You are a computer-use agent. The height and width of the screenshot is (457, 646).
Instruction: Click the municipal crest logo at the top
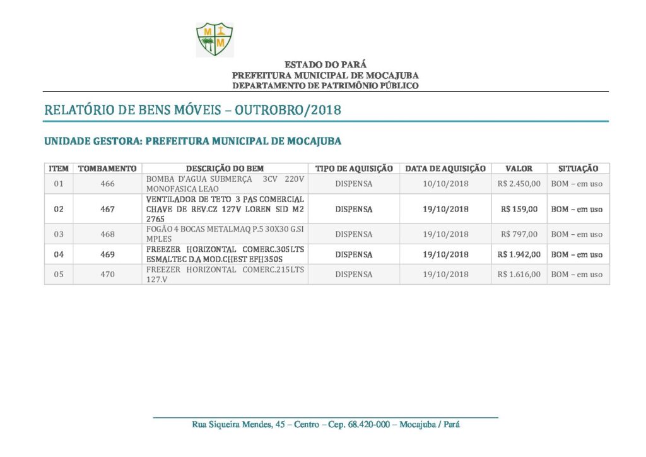pyautogui.click(x=214, y=39)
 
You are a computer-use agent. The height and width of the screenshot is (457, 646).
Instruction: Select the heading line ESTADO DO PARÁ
pyautogui.click(x=325, y=65)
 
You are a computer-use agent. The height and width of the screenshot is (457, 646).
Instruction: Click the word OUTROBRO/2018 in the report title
pyautogui.click(x=288, y=110)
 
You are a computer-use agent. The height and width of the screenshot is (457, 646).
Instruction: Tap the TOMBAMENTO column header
pyautogui.click(x=107, y=169)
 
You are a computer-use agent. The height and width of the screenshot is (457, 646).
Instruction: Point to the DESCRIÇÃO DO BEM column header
pyautogui.click(x=225, y=169)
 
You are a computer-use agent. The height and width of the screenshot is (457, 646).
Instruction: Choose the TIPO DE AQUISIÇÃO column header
pyautogui.click(x=354, y=169)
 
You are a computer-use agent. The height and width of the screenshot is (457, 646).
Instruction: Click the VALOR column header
pyautogui.click(x=519, y=169)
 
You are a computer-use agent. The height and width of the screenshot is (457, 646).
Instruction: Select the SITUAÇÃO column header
pyautogui.click(x=578, y=169)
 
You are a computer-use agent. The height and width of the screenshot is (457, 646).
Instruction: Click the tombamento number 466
pyautogui.click(x=107, y=184)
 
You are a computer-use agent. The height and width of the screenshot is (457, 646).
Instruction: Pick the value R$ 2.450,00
pyautogui.click(x=519, y=184)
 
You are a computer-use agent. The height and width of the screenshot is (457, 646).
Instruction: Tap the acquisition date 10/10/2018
pyautogui.click(x=445, y=184)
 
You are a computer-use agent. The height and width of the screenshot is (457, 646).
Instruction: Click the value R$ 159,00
pyautogui.click(x=519, y=209)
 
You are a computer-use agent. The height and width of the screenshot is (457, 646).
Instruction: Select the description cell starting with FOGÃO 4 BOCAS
pyautogui.click(x=225, y=234)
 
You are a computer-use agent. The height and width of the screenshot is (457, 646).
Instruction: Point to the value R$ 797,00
pyautogui.click(x=519, y=234)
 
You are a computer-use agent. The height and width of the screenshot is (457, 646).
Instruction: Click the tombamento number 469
pyautogui.click(x=107, y=254)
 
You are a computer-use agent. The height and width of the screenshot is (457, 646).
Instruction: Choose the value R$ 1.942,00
pyautogui.click(x=519, y=254)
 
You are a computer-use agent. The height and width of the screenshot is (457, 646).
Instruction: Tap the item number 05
pyautogui.click(x=59, y=275)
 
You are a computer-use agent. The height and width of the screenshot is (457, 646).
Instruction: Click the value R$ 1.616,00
pyautogui.click(x=519, y=275)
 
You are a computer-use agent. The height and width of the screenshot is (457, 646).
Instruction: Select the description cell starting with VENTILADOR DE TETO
pyautogui.click(x=225, y=209)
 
